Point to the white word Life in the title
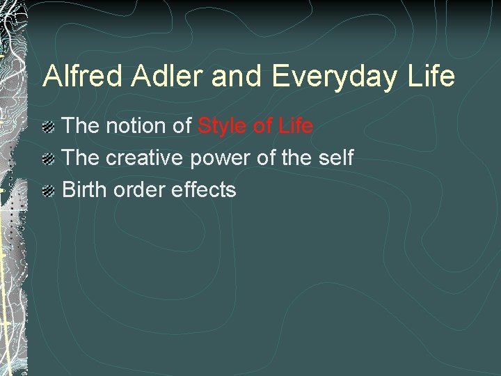coord(433,76)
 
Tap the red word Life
coord(296,126)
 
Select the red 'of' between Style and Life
coord(262,126)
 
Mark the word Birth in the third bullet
coord(85,189)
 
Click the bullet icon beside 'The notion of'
coord(49,127)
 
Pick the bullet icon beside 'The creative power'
coord(49,159)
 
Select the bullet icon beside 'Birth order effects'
coord(49,191)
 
